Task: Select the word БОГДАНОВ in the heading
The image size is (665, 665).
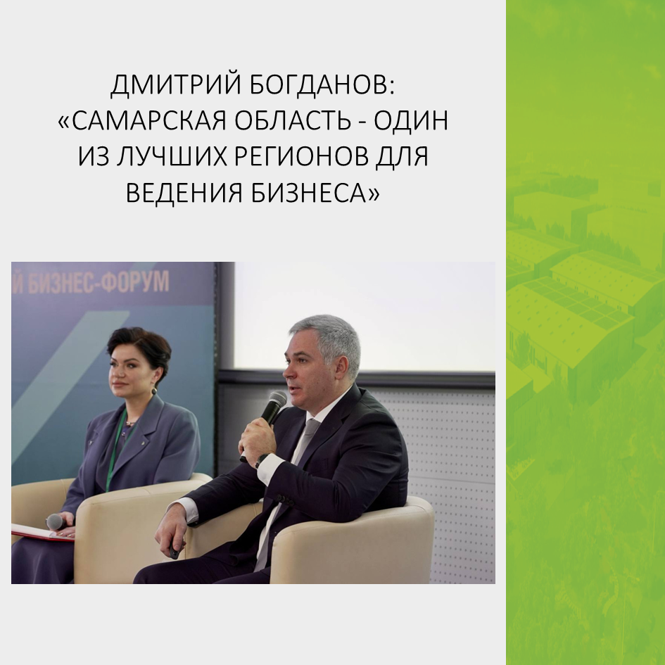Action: (322, 85)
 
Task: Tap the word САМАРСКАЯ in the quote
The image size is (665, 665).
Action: (145, 121)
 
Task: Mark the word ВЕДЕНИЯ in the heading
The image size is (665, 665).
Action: (184, 193)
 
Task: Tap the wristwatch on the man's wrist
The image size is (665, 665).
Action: (261, 460)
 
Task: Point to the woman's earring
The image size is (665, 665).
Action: (154, 390)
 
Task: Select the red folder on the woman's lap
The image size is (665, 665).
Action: (42, 533)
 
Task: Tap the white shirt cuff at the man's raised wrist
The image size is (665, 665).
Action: (270, 468)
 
